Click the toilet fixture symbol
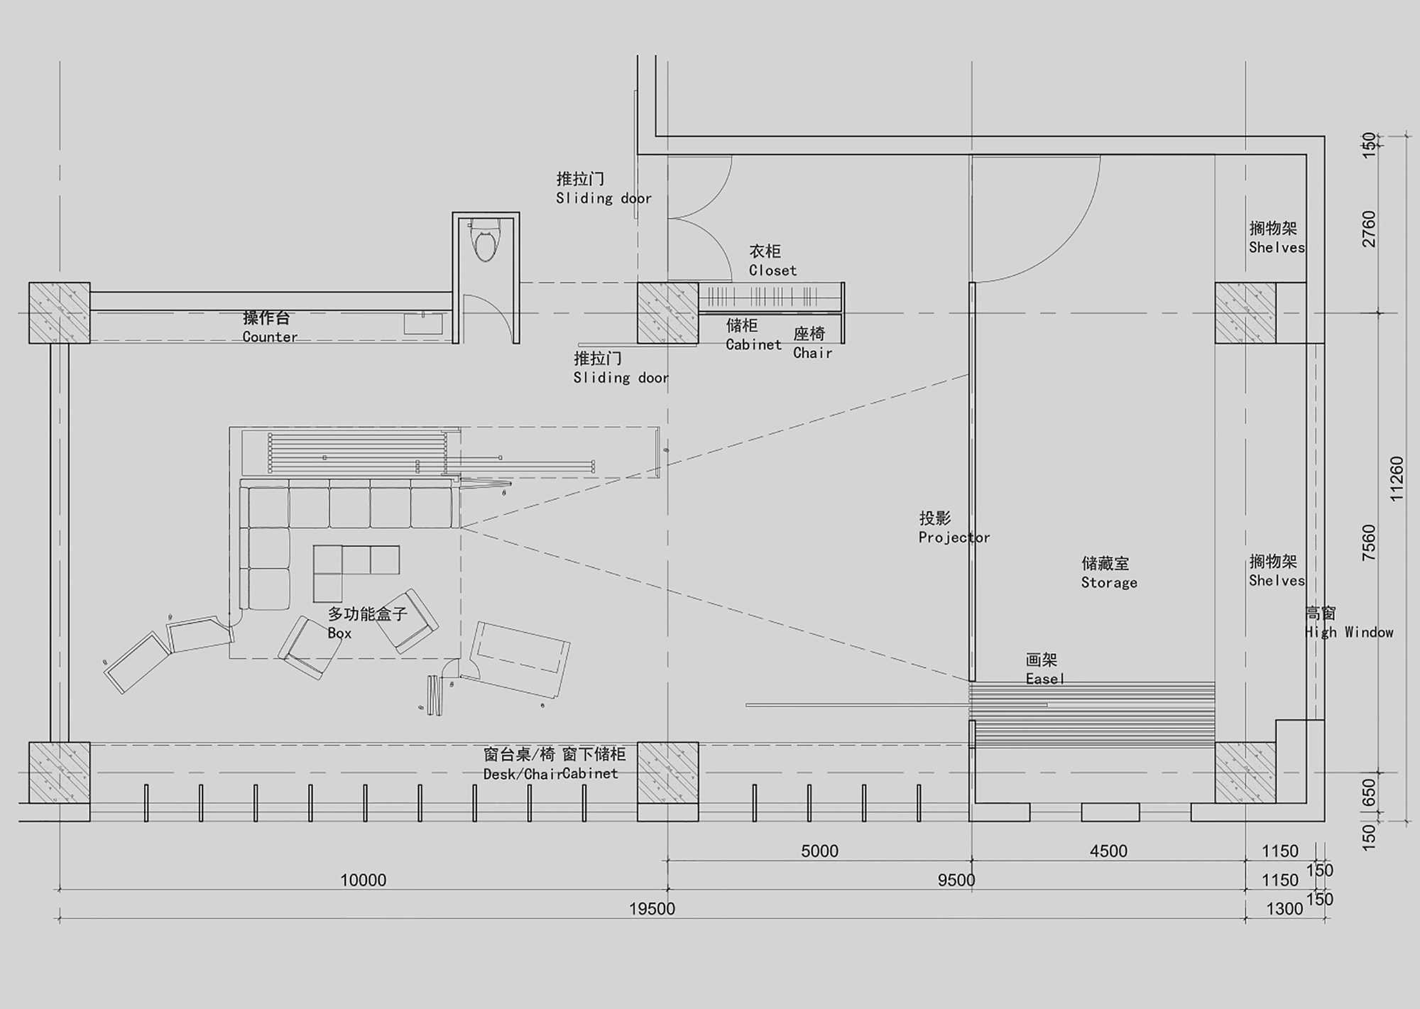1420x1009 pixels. point(486,243)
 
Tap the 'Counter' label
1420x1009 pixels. point(270,337)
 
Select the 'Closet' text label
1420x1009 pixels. point(772,271)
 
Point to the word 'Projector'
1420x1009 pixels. point(954,538)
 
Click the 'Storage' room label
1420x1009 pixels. point(1109,583)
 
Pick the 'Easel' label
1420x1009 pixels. point(1045,679)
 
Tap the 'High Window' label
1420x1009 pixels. point(1349,632)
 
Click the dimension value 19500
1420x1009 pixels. point(652,909)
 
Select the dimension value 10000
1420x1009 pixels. point(363,880)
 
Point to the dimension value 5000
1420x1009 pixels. point(819,851)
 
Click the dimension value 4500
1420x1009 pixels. point(1108,851)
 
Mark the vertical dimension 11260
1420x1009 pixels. point(1397,479)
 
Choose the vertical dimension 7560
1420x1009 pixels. point(1370,542)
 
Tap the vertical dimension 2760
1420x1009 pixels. point(1370,229)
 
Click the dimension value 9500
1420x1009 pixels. point(956,880)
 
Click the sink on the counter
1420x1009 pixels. point(423,324)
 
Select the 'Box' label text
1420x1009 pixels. point(339,633)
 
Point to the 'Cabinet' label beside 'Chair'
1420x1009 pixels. point(753,345)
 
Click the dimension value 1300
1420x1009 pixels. point(1284,909)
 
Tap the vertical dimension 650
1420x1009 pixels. point(1370,792)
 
